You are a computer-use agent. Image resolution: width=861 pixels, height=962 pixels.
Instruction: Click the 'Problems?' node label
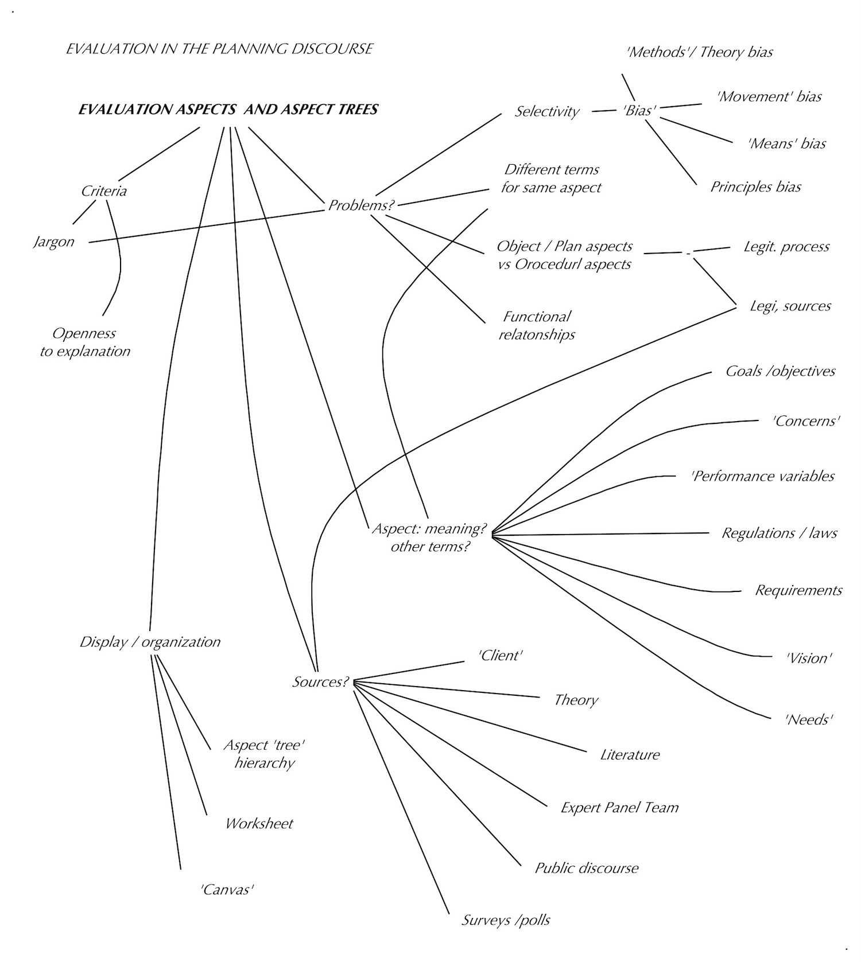360,205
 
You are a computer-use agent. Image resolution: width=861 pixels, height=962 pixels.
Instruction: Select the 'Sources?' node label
320,681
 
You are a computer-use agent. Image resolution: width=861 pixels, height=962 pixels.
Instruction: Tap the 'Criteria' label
104,191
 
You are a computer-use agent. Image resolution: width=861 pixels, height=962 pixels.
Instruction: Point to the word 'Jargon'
54,242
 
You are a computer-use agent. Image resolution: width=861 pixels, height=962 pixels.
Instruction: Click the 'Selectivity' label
546,111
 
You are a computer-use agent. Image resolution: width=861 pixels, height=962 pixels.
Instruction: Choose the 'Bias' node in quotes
639,111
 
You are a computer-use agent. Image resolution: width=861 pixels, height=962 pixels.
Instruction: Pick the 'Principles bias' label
755,187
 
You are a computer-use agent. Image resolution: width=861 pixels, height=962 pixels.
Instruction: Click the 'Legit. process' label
786,247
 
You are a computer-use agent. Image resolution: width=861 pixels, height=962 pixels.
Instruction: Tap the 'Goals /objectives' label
780,371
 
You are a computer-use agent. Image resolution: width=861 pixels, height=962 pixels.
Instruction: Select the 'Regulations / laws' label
779,533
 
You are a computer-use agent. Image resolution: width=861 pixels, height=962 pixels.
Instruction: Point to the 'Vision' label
809,658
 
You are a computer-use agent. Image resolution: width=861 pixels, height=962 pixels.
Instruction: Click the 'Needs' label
809,719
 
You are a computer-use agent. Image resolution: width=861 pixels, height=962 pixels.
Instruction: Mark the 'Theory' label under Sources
576,700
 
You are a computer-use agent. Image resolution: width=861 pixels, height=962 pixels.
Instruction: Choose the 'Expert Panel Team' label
619,808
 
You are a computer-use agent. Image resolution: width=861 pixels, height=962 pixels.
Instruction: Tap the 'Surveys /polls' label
506,920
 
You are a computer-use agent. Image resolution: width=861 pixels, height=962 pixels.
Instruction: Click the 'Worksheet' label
259,824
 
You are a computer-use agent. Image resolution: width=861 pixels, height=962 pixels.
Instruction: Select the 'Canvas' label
227,890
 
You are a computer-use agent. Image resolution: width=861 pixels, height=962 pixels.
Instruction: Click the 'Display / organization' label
150,642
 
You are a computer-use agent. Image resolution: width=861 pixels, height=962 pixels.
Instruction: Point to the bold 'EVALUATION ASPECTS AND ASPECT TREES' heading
228,110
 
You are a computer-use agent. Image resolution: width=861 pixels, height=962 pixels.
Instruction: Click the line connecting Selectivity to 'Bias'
603,111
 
